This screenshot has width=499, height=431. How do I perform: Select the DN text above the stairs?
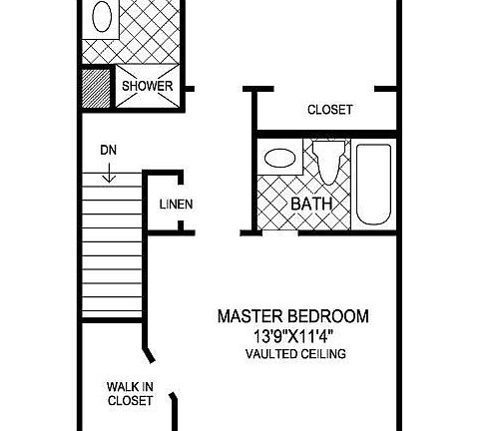[x=108, y=151]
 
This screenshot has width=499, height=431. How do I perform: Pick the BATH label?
[x=310, y=205]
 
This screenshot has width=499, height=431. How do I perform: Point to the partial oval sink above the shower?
[x=102, y=17]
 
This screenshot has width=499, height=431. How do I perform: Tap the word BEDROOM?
[x=333, y=317]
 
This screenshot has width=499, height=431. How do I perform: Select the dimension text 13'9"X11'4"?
[x=292, y=336]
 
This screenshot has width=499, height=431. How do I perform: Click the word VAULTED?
[x=269, y=354]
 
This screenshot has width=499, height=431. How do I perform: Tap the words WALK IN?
[x=129, y=386]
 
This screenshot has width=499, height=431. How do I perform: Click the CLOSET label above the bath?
[x=329, y=110]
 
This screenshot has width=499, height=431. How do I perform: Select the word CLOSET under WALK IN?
[x=129, y=401]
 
